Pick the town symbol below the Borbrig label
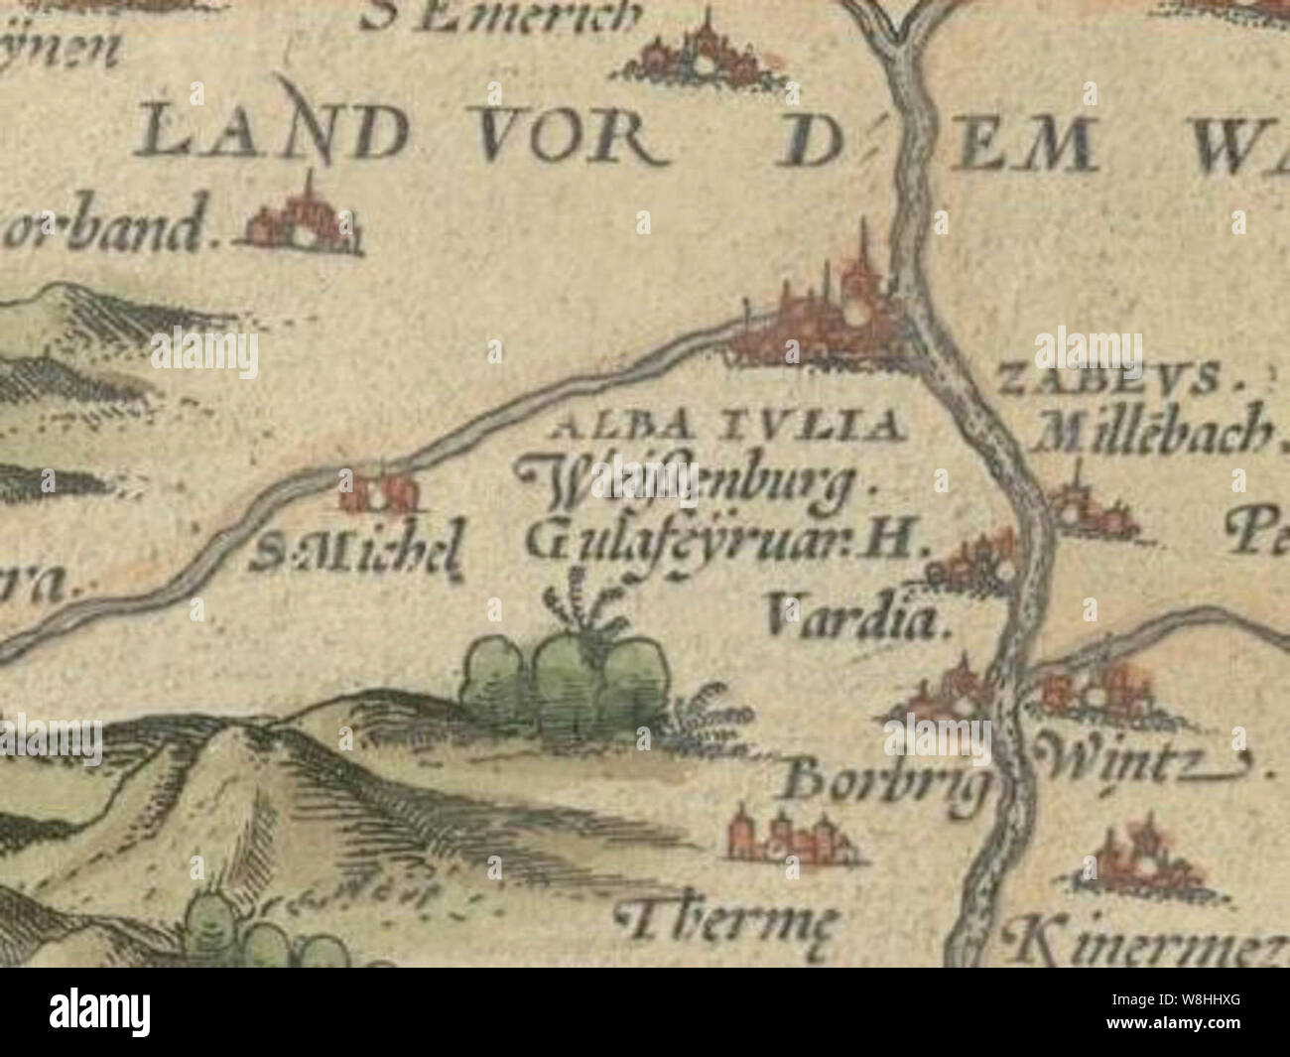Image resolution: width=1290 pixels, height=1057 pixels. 791,835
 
